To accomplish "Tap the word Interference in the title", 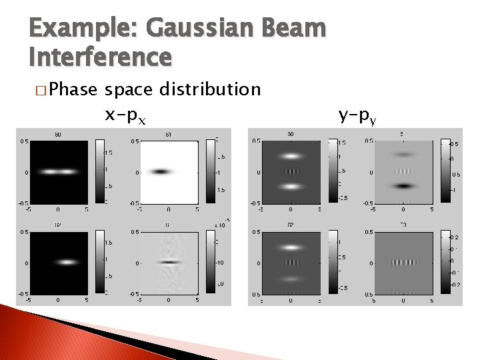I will click(x=100, y=57).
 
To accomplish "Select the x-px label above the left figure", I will click(x=126, y=116).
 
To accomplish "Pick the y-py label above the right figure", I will click(x=357, y=116).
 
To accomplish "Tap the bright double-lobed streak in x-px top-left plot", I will click(x=58, y=171).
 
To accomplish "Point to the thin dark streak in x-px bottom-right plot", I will click(x=170, y=262).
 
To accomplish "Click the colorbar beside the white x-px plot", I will click(x=211, y=171).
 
